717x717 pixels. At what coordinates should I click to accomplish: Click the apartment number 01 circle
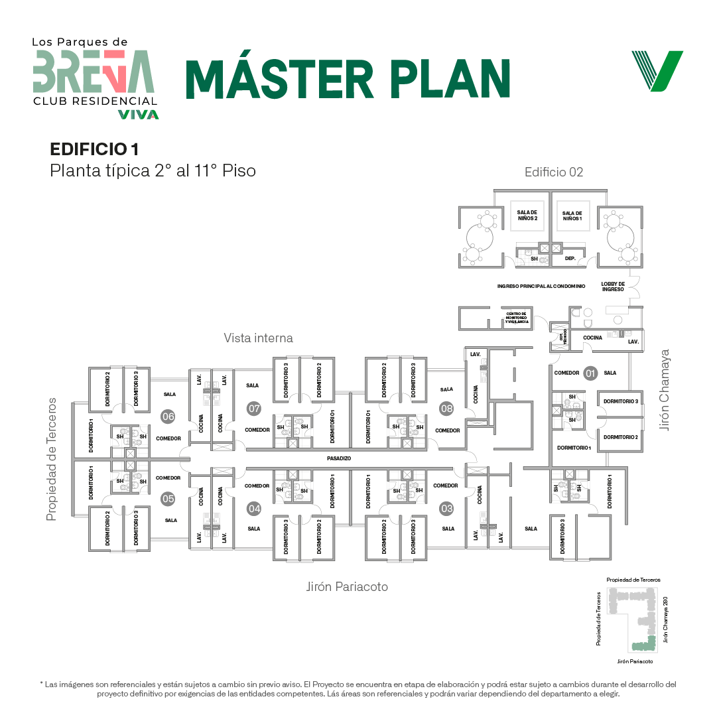point(590,373)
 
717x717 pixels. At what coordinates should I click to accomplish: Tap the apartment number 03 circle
point(446,509)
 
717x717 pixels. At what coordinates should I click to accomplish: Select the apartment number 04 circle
point(254,509)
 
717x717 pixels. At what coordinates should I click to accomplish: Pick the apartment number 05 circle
point(168,499)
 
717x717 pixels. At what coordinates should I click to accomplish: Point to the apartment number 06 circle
point(168,417)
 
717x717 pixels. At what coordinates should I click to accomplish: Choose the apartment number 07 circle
point(254,409)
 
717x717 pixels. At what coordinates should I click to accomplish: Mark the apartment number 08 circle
point(446,409)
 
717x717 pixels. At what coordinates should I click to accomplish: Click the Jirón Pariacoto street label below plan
point(347,587)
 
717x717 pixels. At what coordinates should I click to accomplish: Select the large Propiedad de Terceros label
point(52,459)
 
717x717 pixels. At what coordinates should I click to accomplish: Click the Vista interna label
point(258,338)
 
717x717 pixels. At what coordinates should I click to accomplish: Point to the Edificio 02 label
point(554,172)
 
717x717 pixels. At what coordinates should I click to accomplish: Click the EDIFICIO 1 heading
point(94,149)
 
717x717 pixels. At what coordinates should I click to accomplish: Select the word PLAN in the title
point(450,79)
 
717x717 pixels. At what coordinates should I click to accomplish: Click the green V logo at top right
point(657,71)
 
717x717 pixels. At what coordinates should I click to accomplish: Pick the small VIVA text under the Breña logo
point(138,114)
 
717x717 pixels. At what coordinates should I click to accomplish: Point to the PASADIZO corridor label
point(338,458)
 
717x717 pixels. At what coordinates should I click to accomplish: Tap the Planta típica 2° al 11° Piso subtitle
point(153,170)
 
